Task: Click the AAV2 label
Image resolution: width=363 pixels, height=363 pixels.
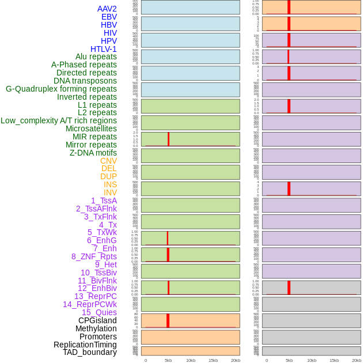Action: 107,9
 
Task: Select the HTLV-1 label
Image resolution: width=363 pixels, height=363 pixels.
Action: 103,49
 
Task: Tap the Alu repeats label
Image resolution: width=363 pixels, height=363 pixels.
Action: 96,56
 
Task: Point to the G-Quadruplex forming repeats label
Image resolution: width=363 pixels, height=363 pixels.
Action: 61,89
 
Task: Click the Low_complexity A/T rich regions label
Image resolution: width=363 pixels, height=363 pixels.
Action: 59,120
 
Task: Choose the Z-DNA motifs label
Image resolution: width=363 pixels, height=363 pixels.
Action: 93,153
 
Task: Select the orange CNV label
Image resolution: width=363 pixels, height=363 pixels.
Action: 108,161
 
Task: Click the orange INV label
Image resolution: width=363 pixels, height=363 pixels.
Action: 110,192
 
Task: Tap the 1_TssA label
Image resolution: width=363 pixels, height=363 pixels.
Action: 104,201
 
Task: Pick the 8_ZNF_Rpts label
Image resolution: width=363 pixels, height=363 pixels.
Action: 94,256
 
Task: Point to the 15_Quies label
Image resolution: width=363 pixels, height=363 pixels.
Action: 99,312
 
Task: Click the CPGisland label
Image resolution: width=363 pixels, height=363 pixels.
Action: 97,320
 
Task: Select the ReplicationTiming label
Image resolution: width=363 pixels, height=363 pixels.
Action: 85,345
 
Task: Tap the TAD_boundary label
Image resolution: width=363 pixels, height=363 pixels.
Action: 89,352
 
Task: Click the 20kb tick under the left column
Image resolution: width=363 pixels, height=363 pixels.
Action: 235,360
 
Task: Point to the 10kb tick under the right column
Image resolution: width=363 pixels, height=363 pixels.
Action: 311,360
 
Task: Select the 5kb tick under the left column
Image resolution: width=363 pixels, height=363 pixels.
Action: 168,360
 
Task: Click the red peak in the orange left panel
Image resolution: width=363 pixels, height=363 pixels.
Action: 168,320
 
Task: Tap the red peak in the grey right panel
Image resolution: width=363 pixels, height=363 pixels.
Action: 289,287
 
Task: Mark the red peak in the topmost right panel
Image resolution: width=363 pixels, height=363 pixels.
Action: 289,7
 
